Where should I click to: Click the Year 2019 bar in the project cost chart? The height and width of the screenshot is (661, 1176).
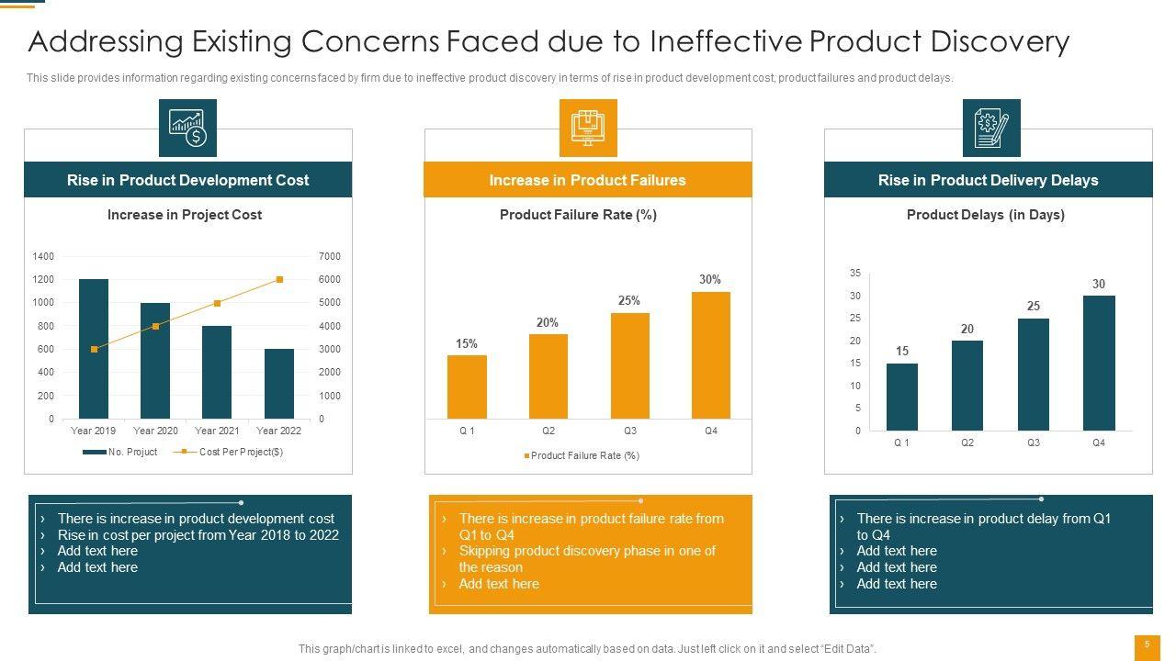pyautogui.click(x=94, y=349)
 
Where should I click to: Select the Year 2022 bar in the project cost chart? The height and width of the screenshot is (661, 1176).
pyautogui.click(x=279, y=384)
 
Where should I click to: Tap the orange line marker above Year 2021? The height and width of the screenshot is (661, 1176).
pyautogui.click(x=217, y=303)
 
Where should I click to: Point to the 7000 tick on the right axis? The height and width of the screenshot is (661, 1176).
pyautogui.click(x=330, y=256)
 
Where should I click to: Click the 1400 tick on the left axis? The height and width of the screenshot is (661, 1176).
pyautogui.click(x=43, y=256)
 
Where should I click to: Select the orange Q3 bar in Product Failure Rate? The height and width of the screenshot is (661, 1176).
pyautogui.click(x=629, y=365)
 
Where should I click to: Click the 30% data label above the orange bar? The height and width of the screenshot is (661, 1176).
pyautogui.click(x=710, y=279)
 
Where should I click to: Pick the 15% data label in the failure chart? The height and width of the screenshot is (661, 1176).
pyautogui.click(x=467, y=343)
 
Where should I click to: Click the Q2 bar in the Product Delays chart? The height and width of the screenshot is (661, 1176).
pyautogui.click(x=967, y=386)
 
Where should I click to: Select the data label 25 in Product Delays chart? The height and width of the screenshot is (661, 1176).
pyautogui.click(x=1034, y=306)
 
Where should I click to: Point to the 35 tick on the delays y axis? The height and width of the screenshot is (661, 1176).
pyautogui.click(x=855, y=274)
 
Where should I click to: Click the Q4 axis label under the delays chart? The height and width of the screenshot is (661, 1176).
pyautogui.click(x=1099, y=443)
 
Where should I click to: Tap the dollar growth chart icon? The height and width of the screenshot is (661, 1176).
pyautogui.click(x=187, y=128)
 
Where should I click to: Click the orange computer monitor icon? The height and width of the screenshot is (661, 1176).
pyautogui.click(x=588, y=128)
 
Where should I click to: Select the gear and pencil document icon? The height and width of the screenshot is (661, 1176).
pyautogui.click(x=990, y=128)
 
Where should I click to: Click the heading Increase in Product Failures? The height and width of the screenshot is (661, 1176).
pyautogui.click(x=588, y=180)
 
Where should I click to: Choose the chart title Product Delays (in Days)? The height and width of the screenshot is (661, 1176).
pyautogui.click(x=986, y=215)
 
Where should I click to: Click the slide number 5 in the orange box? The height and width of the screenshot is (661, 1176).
pyautogui.click(x=1147, y=644)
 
